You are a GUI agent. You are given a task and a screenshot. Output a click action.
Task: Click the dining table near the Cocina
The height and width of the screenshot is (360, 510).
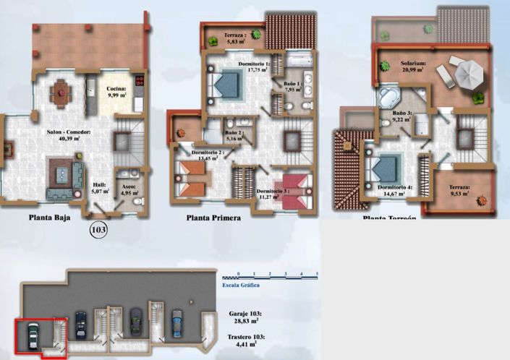tap(59, 91)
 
